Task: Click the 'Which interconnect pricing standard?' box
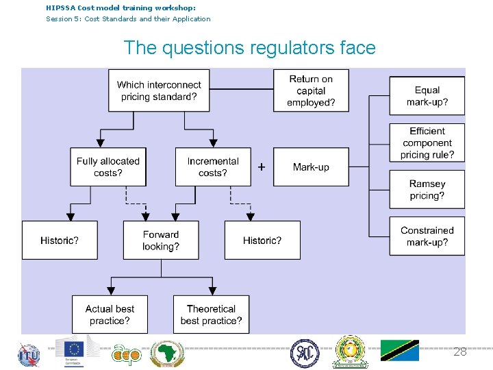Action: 159,90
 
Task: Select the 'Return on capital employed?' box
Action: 311,90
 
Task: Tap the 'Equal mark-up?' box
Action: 427,96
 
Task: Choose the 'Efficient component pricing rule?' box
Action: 427,143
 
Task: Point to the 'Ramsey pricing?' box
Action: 427,189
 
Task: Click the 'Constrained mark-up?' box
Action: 427,236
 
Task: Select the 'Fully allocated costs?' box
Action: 108,166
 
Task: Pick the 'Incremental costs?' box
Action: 213,166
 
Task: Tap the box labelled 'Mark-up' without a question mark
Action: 311,166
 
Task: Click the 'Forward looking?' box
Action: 161,240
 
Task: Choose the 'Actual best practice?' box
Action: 110,314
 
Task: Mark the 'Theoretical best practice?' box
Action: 211,314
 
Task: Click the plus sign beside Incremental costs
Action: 262,166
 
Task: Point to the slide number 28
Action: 460,351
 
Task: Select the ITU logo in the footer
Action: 29,354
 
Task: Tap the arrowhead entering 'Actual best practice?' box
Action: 111,291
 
